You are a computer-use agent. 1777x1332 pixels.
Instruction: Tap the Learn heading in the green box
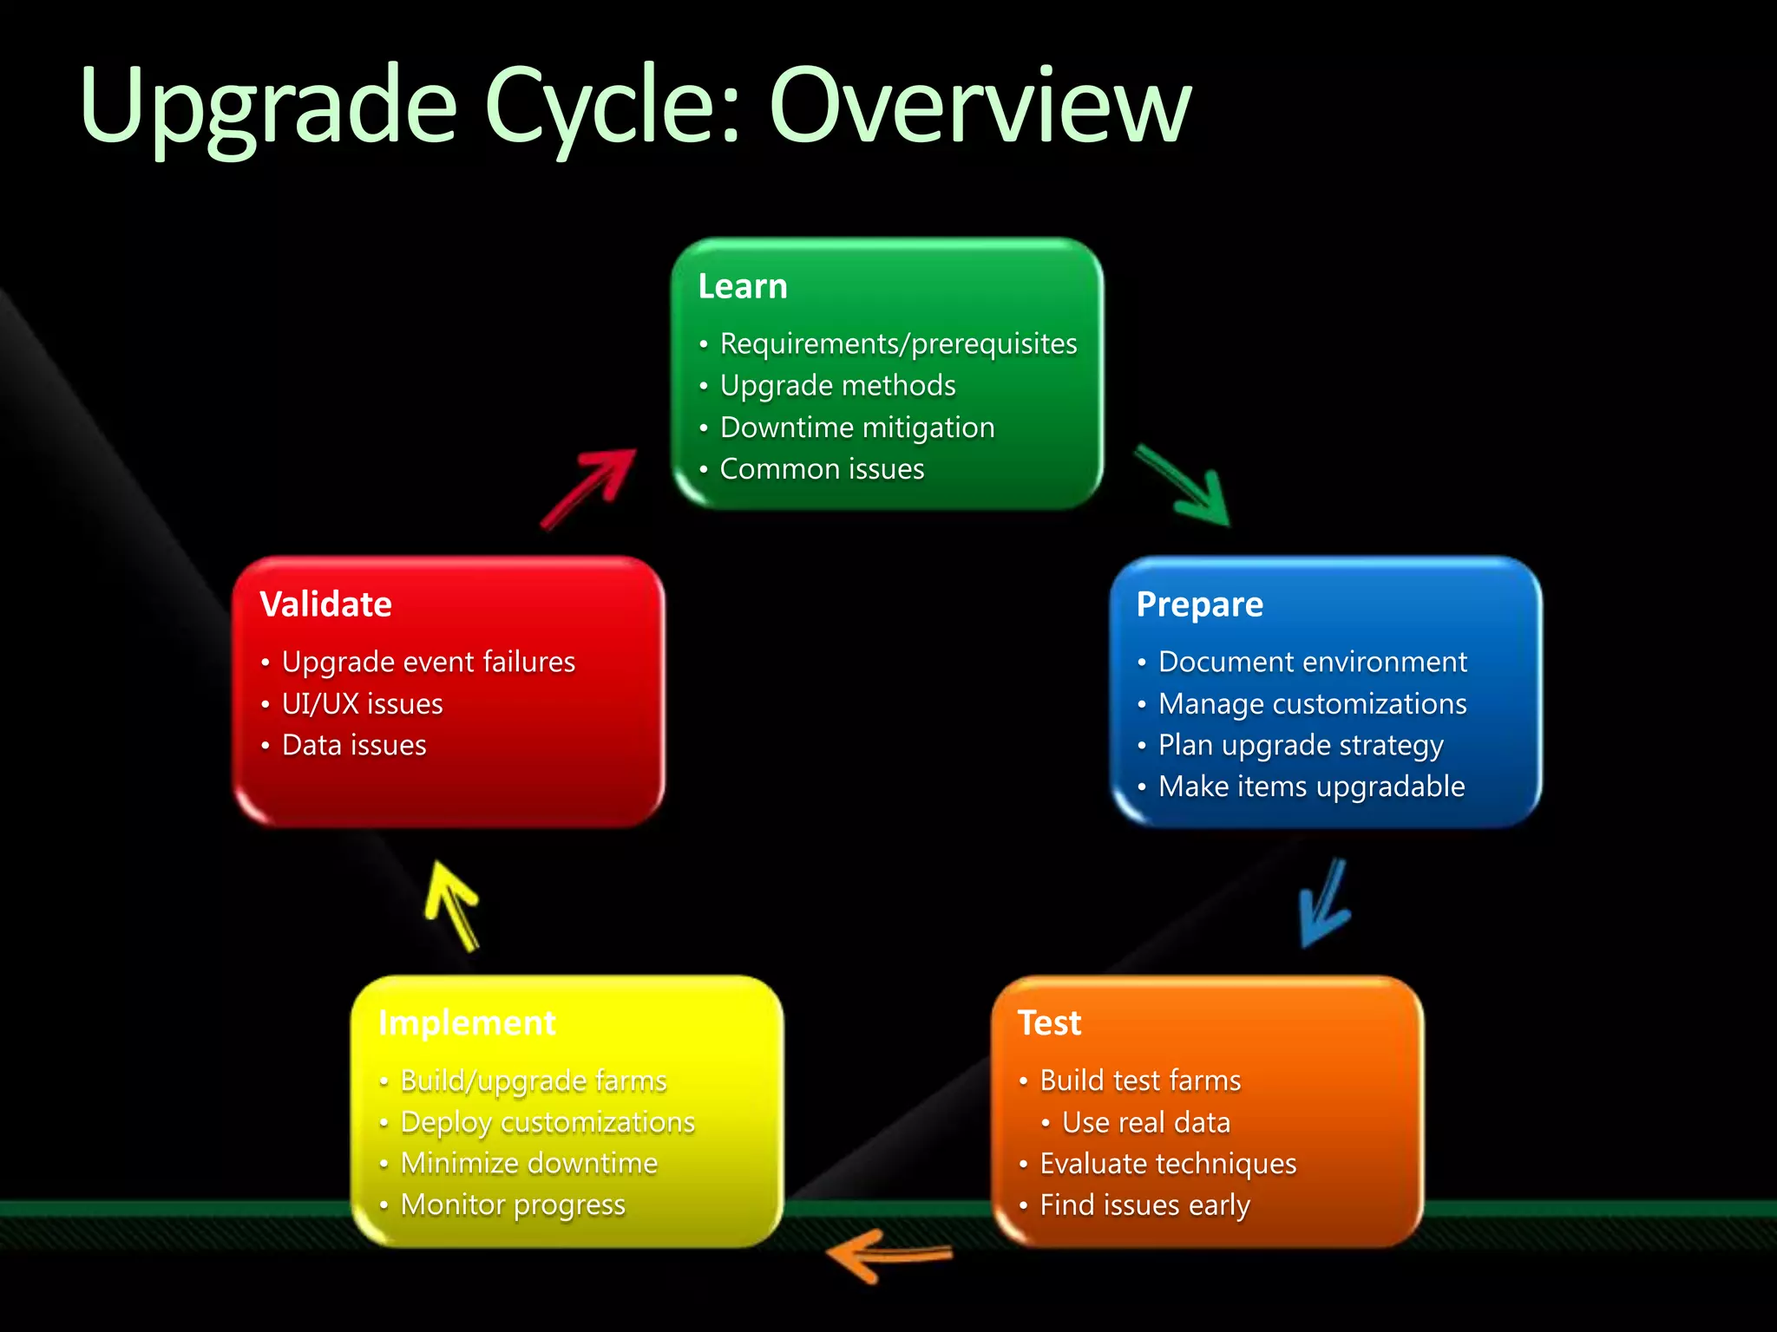(743, 286)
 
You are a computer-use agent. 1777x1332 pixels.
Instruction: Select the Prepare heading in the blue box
(1199, 604)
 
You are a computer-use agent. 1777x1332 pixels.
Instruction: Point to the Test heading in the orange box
(1049, 1023)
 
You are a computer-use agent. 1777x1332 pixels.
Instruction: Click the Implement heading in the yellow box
(467, 1023)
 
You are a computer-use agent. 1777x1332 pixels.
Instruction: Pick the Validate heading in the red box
(326, 604)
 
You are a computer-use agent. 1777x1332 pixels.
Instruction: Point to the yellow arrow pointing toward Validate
(453, 904)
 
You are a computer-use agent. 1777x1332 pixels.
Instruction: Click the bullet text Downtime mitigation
(857, 428)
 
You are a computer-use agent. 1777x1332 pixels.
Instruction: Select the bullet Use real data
(1145, 1122)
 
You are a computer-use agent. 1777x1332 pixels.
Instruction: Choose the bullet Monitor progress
(513, 1205)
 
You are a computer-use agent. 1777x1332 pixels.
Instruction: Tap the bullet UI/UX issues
(362, 703)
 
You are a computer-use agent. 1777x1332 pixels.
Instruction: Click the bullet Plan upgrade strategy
(1300, 745)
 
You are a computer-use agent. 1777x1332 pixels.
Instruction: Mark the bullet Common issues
(822, 469)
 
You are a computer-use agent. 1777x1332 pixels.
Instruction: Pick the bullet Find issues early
(1144, 1205)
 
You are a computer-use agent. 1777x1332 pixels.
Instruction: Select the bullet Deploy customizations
(548, 1122)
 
